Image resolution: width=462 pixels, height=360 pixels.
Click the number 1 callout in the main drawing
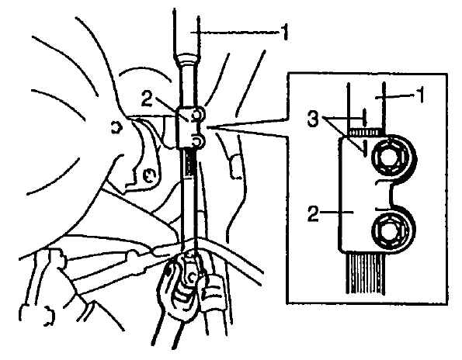pos(283,33)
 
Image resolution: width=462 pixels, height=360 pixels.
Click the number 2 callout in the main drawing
pos(147,99)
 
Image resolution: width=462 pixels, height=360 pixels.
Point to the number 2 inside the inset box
pos(313,213)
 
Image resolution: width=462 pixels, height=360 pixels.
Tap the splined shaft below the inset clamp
pos(366,273)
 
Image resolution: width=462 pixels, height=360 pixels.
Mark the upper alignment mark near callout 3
pos(365,117)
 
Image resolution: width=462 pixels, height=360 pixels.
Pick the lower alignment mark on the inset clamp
pos(365,148)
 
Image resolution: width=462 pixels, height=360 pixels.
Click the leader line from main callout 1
pos(234,33)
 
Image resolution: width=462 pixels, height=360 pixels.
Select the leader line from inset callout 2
pos(336,211)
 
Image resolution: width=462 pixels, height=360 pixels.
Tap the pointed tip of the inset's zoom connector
pos(208,128)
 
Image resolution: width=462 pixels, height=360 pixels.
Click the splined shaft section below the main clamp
pos(189,164)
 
